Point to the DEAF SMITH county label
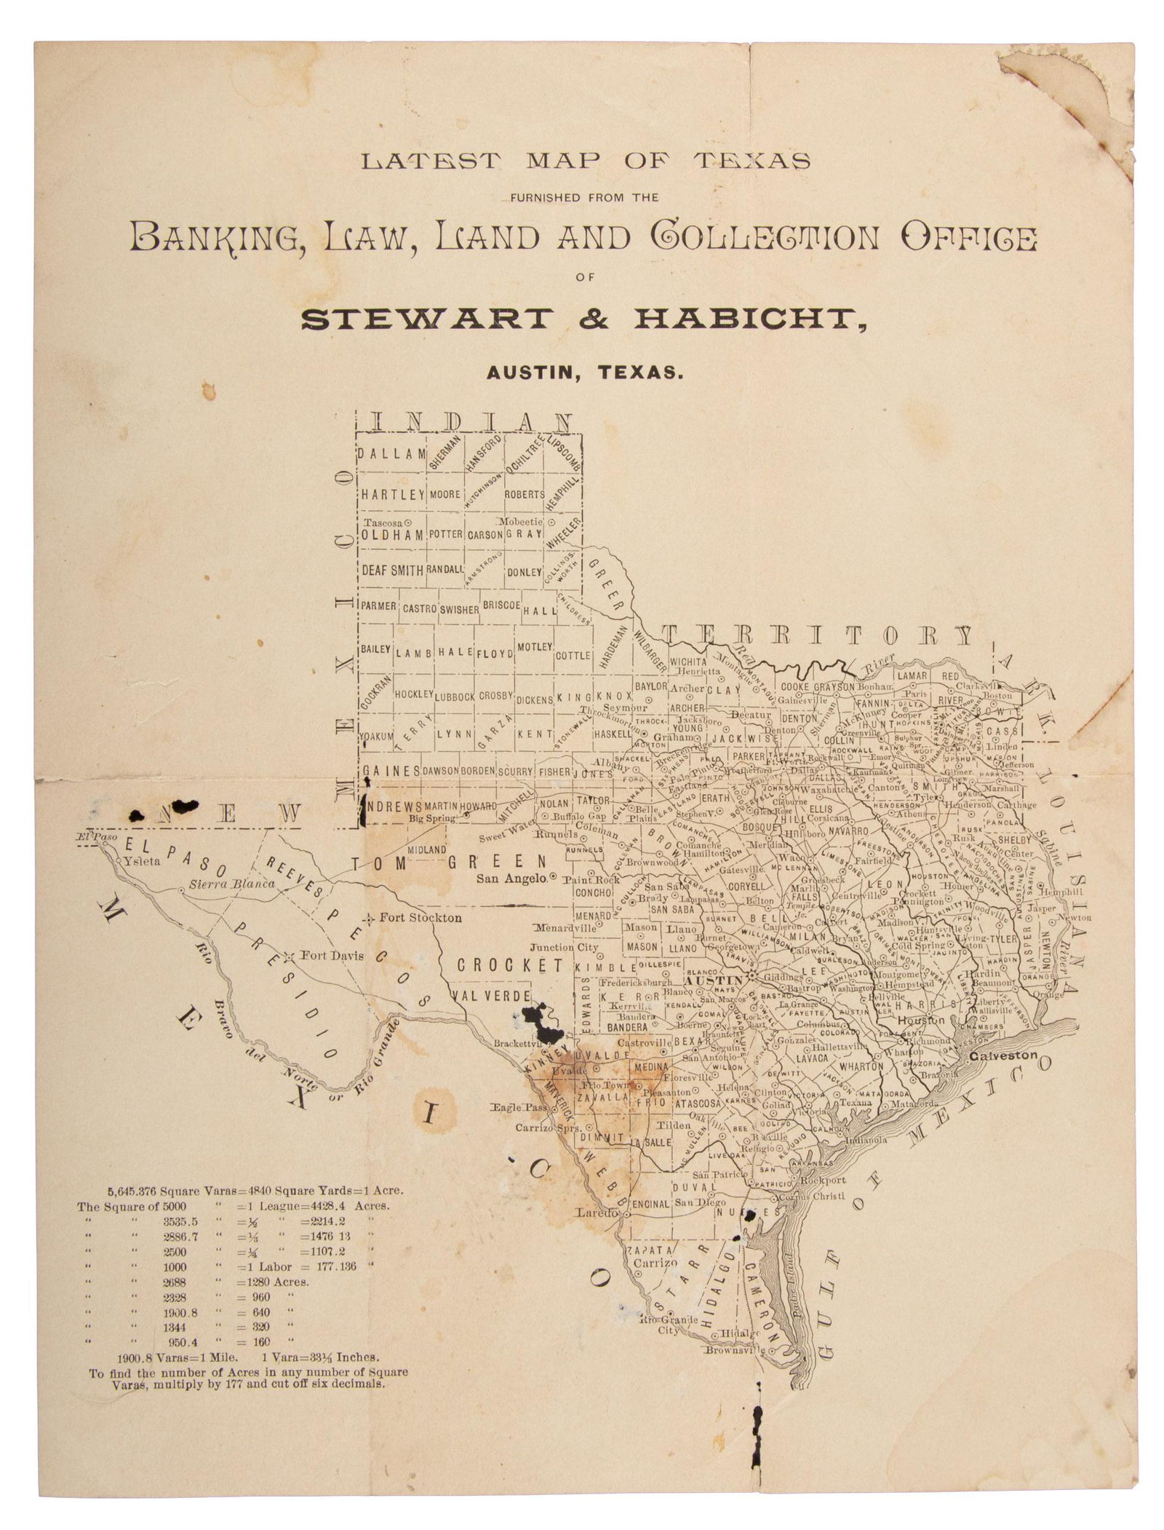393,571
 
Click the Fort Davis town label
332,956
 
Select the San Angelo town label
511,879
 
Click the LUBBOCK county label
455,697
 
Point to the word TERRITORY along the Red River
818,636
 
